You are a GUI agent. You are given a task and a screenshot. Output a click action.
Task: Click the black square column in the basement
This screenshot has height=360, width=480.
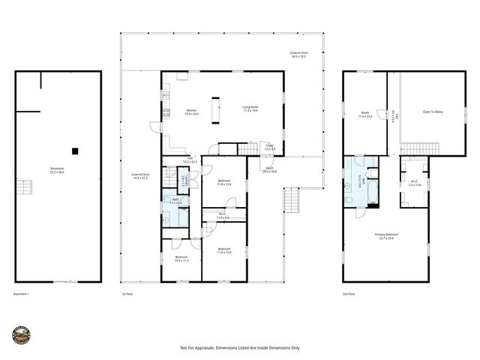point(75,150)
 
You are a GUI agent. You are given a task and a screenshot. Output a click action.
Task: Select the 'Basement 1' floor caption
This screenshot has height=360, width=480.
point(23,293)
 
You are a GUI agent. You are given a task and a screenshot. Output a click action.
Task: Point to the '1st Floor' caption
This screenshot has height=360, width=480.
point(127,293)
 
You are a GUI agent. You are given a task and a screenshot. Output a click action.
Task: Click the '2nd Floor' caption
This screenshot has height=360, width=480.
point(349,293)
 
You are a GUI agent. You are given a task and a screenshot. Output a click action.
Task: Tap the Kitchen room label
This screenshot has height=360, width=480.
point(191,112)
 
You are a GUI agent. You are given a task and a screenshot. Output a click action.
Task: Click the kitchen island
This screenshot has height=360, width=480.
point(217,110)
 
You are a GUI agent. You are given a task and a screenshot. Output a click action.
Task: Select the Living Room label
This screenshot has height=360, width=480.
point(250,109)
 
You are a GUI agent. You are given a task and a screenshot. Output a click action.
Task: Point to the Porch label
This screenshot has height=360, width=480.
point(270,169)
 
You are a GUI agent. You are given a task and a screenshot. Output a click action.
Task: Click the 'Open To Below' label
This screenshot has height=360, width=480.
point(433,111)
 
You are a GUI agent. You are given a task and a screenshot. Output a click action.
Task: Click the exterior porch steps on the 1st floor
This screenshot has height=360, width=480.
point(291,199)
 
